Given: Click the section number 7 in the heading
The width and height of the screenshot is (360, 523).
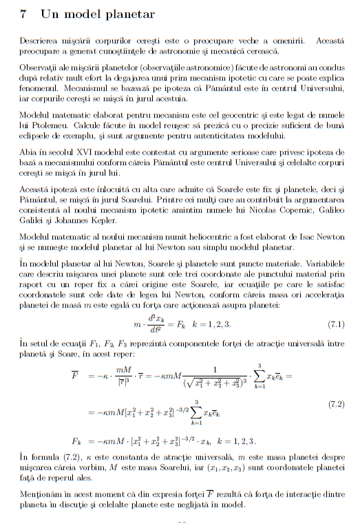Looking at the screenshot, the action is [24, 14].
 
